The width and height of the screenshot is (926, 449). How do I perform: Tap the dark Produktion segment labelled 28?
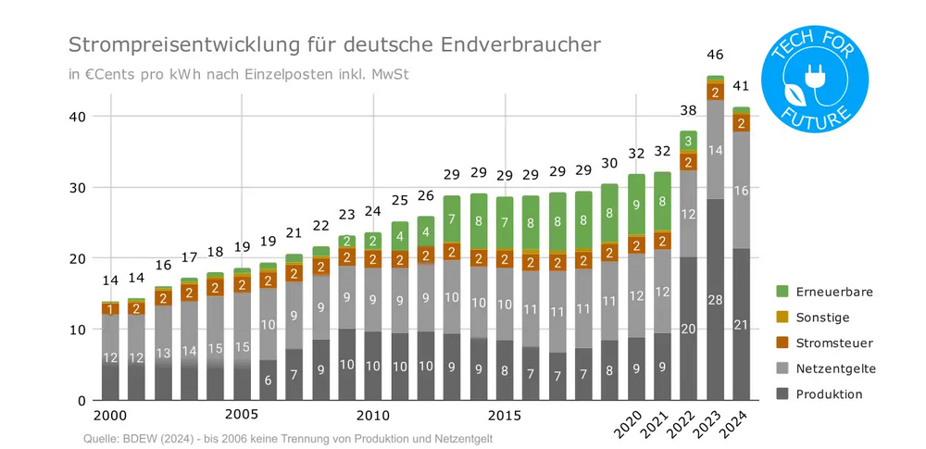pos(715,300)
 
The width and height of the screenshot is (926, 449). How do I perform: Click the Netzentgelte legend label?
pos(835,368)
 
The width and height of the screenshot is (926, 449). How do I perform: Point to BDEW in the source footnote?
pos(129,438)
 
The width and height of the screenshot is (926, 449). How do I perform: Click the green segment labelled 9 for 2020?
pos(635,204)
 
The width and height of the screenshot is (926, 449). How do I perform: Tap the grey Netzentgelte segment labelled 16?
pos(741,190)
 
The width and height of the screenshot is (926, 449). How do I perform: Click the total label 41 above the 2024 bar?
pos(742,86)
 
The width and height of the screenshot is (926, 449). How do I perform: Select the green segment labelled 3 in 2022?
pos(688,141)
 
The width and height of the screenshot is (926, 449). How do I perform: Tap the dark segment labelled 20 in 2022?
pos(688,329)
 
